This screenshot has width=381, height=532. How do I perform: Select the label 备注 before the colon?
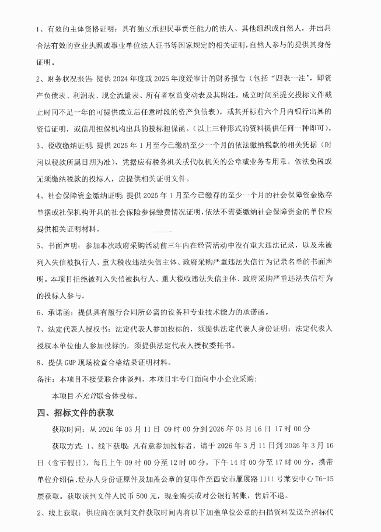pos(44,379)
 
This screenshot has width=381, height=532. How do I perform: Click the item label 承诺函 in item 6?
pos(58,312)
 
